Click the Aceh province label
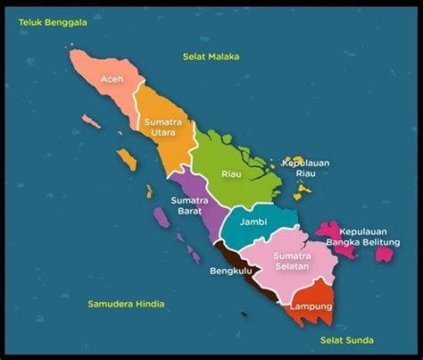(x=112, y=78)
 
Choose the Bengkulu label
(x=231, y=270)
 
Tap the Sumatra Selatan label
(x=289, y=258)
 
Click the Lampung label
(x=311, y=306)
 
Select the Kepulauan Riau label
(x=308, y=170)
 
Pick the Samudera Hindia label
(x=126, y=304)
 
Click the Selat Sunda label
(x=347, y=340)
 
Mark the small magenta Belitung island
(x=385, y=254)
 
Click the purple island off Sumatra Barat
(x=161, y=216)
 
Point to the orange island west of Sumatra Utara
(x=126, y=159)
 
